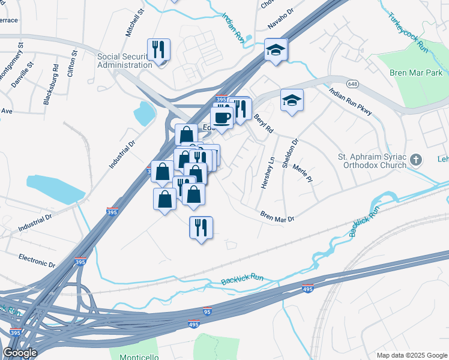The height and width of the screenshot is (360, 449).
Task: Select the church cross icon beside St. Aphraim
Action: coord(419,160)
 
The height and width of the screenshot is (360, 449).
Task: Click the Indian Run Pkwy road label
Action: coord(351,102)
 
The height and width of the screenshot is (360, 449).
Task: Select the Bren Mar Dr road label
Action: coord(277,216)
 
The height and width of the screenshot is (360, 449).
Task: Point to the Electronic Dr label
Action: coord(37,260)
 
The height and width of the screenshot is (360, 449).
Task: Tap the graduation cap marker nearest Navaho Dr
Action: coord(276,49)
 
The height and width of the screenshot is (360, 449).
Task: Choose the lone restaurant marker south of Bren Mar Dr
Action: coord(201,227)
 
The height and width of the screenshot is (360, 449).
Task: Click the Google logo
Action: coord(20,353)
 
